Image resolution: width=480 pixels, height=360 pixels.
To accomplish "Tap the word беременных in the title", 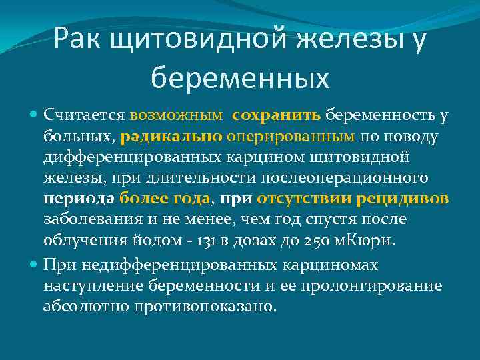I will point(240,78).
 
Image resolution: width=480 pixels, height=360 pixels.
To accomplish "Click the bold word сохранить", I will point(277,115).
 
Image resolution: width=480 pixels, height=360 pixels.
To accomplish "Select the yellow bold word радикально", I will point(172,137).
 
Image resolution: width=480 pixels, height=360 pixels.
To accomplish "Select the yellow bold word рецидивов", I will point(403,199).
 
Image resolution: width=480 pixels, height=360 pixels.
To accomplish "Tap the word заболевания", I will point(85,219).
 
